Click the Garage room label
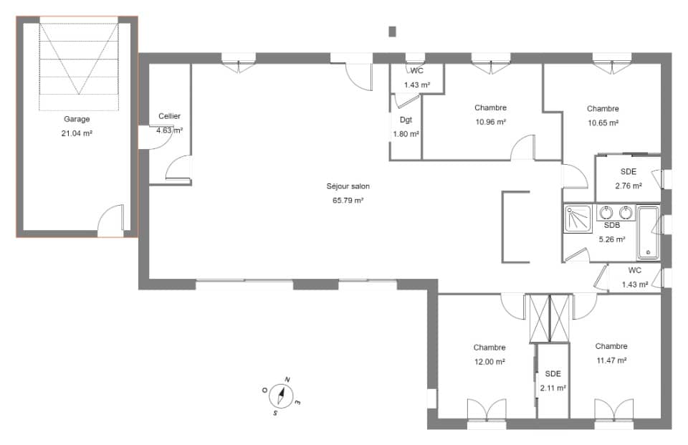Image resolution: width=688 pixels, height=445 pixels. [77, 119]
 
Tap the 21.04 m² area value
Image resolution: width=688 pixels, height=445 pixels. [77, 133]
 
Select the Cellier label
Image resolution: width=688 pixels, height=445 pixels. [169, 116]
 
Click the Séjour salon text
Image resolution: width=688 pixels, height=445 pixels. [348, 186]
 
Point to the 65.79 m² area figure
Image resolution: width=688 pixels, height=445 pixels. [348, 201]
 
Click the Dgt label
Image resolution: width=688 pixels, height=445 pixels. [406, 120]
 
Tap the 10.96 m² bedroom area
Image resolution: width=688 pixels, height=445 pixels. [490, 122]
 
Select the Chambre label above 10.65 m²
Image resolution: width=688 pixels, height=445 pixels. [603, 108]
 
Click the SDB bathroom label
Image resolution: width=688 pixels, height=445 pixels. [612, 225]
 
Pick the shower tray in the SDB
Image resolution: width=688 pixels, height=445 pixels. [578, 219]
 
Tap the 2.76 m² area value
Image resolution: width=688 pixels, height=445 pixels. [629, 186]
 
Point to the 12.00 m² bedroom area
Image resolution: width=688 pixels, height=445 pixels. [489, 362]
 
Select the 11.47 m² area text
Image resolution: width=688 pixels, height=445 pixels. [611, 360]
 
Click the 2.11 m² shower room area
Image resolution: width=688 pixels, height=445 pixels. [553, 388]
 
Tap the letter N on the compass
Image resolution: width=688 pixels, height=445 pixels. [287, 380]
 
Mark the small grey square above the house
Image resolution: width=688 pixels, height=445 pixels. [393, 32]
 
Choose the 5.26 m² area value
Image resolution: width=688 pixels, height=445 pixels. [612, 239]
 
